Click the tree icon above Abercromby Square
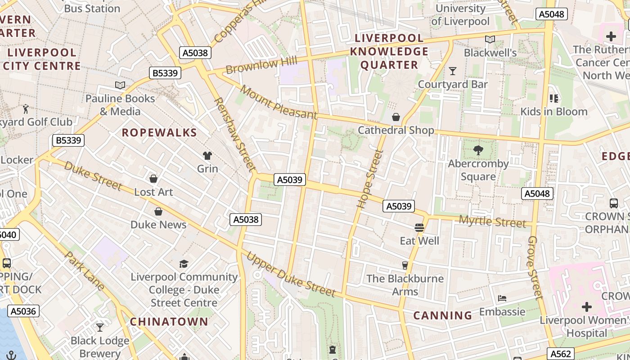[478, 150]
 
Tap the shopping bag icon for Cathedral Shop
[396, 117]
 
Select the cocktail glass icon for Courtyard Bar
[453, 71]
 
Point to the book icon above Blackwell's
[490, 40]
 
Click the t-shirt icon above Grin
[207, 156]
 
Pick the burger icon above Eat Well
[419, 228]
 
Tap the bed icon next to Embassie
[502, 298]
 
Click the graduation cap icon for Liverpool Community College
[184, 264]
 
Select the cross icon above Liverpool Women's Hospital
[586, 307]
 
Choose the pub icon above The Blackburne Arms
[405, 265]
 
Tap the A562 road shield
[561, 354]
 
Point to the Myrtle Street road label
[492, 221]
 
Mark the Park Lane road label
[85, 271]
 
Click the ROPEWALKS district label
[159, 133]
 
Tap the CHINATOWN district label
[169, 322]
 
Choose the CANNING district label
[443, 315]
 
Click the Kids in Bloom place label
[554, 112]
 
